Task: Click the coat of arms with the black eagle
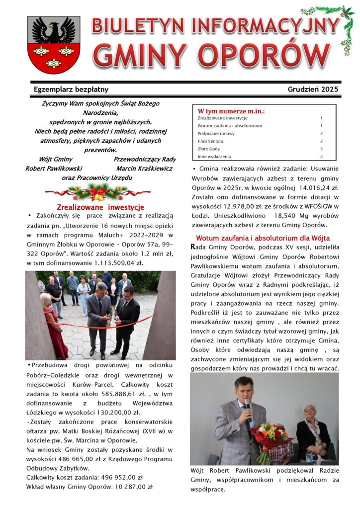point(54,45)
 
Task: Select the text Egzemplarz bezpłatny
point(71,89)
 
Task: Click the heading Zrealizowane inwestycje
point(100,207)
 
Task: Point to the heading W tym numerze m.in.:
point(231,111)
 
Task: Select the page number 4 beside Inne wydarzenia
point(321,157)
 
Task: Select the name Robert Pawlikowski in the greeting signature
point(54,169)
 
